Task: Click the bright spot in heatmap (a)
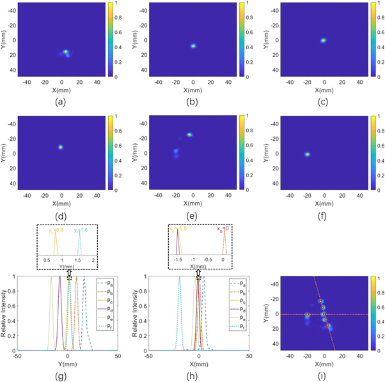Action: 65,52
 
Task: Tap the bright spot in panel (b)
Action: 193,45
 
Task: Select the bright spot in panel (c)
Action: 324,40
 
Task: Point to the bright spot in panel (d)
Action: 61,147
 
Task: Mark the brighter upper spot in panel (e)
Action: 189,134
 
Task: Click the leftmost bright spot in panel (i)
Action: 308,315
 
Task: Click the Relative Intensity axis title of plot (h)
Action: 136,314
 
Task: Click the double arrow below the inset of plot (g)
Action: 68,273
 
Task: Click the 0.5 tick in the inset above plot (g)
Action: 47,261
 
